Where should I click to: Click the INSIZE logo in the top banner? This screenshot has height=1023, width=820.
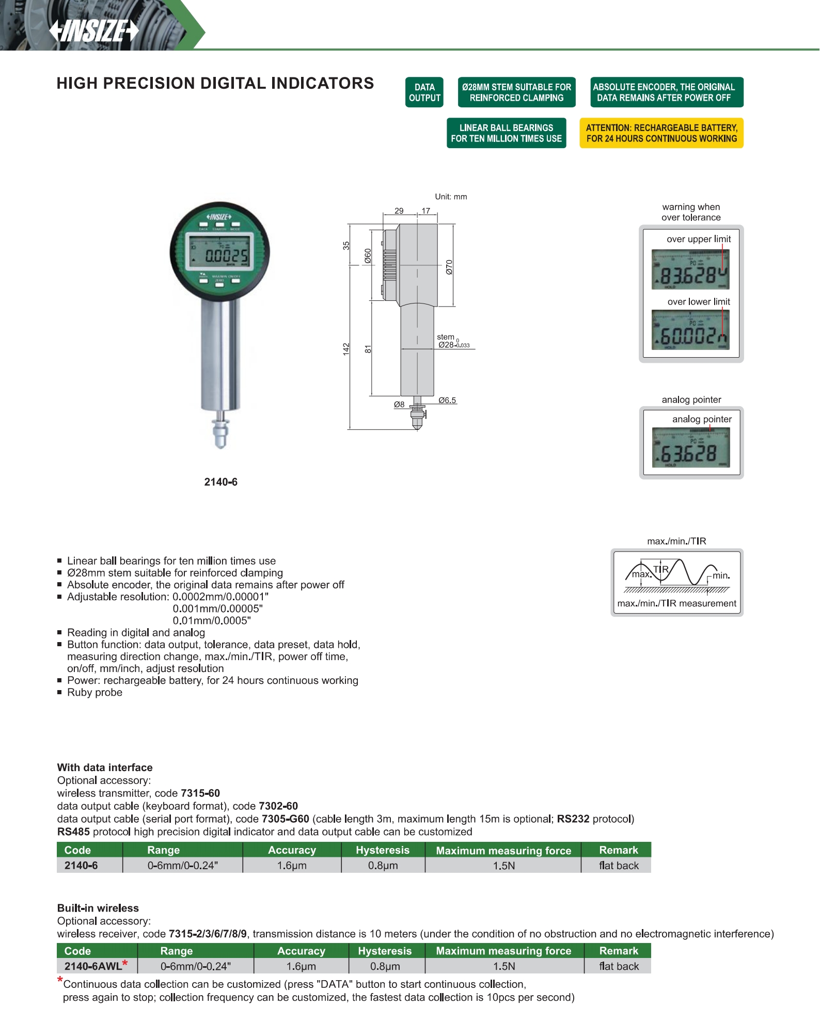tap(94, 30)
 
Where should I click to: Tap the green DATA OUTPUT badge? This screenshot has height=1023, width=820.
tap(424, 92)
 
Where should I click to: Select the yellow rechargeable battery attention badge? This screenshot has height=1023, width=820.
tap(661, 133)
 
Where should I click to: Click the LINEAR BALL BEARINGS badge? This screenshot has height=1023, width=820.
tap(506, 133)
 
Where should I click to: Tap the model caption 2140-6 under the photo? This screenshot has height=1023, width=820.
tap(220, 482)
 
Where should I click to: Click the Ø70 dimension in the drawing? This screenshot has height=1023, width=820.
tap(449, 267)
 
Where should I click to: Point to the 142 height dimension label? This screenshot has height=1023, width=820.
tap(346, 349)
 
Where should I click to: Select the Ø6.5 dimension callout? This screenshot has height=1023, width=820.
tap(447, 400)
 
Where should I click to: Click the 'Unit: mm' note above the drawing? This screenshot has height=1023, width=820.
tap(451, 197)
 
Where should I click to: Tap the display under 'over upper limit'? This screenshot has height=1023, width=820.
tap(690, 269)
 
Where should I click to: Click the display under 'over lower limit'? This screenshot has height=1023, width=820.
tap(690, 330)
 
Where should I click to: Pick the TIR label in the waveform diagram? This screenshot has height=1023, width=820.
tap(660, 569)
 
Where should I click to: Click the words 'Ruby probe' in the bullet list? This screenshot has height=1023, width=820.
tap(94, 693)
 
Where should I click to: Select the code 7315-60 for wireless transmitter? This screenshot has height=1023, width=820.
tap(200, 793)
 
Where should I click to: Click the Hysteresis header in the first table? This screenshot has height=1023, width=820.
tap(383, 850)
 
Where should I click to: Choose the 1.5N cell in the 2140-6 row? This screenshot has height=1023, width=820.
tap(503, 866)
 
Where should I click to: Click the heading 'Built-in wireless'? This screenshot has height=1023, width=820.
tap(98, 908)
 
